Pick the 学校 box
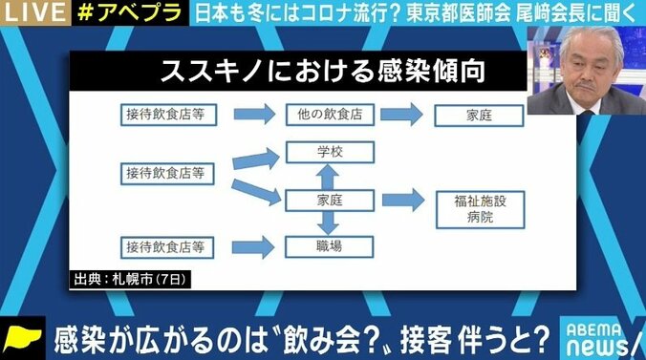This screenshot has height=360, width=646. (328, 153)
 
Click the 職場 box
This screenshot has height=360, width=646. (328, 247)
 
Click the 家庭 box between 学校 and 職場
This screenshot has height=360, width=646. (328, 200)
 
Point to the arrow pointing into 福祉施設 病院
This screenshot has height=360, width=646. (401, 201)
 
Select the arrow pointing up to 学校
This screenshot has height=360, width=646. (328, 177)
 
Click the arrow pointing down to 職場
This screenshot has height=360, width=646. (328, 223)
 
